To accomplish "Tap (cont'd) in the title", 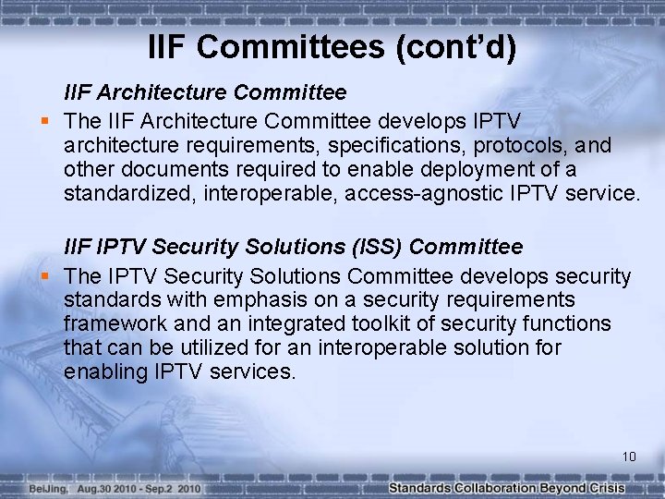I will (454, 45).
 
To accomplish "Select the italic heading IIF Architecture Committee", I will (205, 92).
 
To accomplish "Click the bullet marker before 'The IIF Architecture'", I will (43, 120).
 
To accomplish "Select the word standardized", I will (128, 194).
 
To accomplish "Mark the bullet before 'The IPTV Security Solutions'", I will (43, 275).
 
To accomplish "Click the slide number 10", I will (629, 456).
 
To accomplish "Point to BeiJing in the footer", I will (47, 488).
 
